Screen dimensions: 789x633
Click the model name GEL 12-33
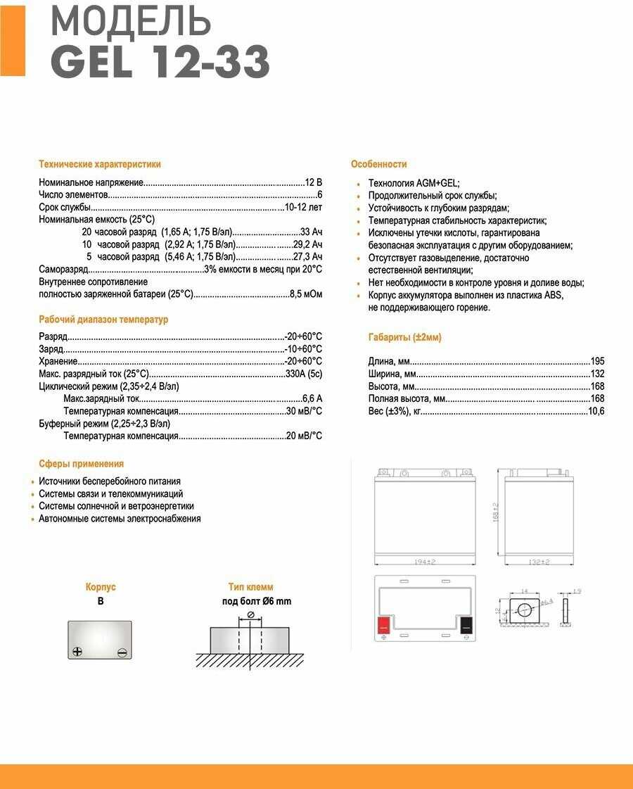tap(160, 63)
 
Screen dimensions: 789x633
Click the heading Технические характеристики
tap(99, 164)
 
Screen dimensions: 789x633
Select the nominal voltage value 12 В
tap(314, 182)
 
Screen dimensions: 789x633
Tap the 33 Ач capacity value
tap(311, 232)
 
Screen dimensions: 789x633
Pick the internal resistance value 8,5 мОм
tap(306, 294)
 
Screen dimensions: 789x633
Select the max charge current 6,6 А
tap(312, 398)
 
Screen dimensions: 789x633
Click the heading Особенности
tap(378, 164)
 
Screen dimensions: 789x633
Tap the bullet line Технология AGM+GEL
tap(414, 183)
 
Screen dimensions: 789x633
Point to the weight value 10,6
tap(596, 411)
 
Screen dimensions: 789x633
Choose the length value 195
tap(597, 361)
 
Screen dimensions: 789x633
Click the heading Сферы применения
tap(81, 464)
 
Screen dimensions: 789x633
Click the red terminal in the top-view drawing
tap(384, 624)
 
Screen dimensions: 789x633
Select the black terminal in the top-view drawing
tap(466, 624)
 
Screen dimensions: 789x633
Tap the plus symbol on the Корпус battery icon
tap(77, 652)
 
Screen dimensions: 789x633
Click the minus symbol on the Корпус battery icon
tap(122, 652)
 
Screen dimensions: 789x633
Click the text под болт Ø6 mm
tap(256, 601)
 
